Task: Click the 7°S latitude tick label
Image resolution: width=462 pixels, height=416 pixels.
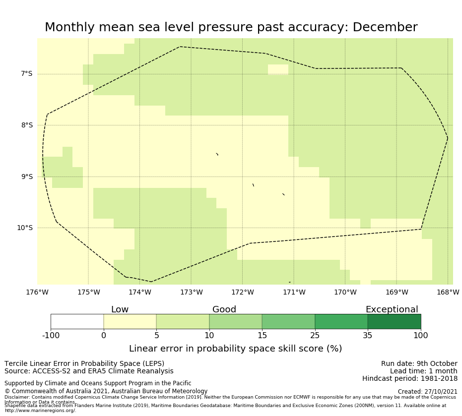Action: point(26,74)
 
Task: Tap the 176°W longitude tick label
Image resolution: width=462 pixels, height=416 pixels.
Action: point(37,293)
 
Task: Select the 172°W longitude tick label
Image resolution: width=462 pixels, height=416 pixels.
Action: point(242,293)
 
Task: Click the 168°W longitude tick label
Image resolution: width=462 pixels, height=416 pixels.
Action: point(448,293)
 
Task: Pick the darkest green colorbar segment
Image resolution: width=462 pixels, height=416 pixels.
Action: point(394,321)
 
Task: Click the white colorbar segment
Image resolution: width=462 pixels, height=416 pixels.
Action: point(77,321)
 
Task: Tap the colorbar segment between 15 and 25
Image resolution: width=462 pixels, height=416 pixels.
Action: point(288,321)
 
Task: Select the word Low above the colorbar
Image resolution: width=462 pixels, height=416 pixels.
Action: point(120,309)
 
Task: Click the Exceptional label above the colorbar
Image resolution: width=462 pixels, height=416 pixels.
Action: point(392,309)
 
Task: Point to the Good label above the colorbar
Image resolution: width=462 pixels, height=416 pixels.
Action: point(224,309)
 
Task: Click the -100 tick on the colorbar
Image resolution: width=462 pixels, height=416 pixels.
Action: point(51,336)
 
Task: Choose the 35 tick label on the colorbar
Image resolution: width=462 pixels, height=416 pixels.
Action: point(368,336)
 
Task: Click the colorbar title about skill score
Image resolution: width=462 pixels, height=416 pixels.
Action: point(235,349)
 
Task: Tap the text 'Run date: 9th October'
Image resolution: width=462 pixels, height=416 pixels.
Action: point(419,363)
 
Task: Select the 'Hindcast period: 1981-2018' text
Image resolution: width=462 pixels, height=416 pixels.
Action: point(409,378)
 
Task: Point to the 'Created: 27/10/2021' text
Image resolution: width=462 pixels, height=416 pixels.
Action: point(427,392)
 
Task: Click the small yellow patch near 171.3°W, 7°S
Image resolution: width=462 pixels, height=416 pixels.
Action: point(278,69)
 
